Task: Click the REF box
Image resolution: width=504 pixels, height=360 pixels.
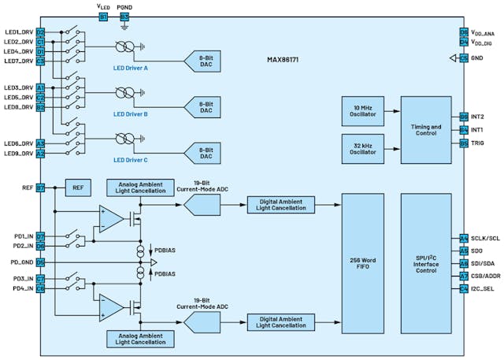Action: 77,188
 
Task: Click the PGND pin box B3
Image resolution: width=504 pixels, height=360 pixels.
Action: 124,16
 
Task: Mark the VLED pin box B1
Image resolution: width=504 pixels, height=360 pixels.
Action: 103,16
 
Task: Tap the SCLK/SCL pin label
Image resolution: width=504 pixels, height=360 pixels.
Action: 485,238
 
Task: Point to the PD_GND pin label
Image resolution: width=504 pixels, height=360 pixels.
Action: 20,262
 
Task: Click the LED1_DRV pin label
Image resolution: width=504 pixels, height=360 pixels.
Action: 18,32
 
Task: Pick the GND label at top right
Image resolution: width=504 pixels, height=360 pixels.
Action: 478,58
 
